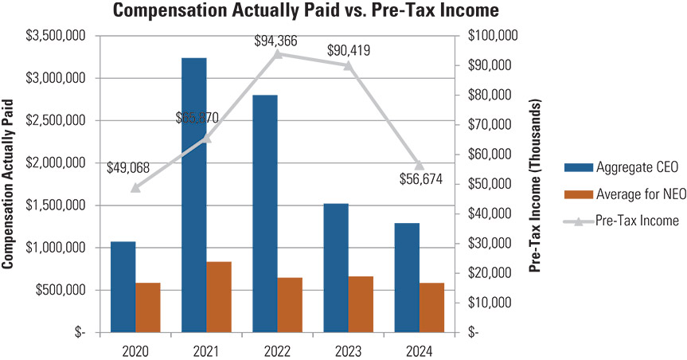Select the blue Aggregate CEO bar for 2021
point(194,194)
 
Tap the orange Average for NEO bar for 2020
point(147,307)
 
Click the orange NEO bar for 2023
point(361,303)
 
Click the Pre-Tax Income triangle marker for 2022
point(278,54)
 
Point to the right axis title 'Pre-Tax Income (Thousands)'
point(536,185)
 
